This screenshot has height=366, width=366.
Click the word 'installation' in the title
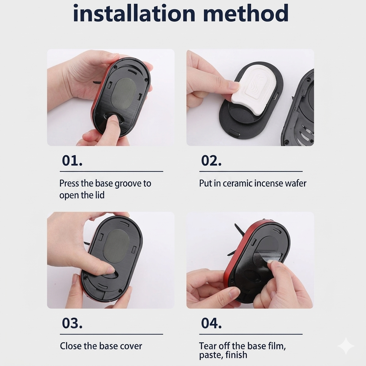(134, 13)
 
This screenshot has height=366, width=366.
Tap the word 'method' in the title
(246, 13)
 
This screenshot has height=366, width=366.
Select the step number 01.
(72, 160)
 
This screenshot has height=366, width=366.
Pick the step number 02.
(211, 160)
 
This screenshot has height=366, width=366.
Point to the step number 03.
(72, 323)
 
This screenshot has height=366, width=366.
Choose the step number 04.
(211, 323)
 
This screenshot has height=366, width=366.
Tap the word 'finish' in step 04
(236, 355)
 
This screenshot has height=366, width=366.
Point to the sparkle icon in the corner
(346, 346)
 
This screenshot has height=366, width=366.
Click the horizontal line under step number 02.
(251, 171)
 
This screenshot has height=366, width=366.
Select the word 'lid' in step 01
(99, 195)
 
